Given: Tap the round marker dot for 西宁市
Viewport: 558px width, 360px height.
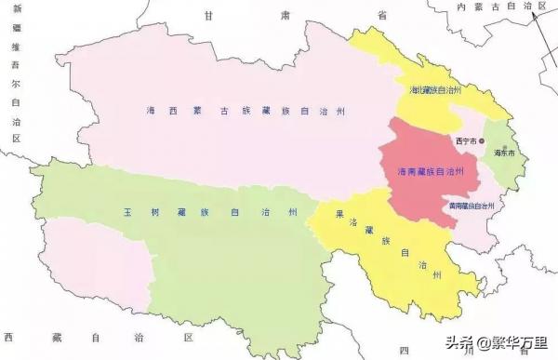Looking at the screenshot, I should tap(482, 140).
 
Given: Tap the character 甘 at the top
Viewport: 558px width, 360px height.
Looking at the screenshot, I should tap(212, 15).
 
